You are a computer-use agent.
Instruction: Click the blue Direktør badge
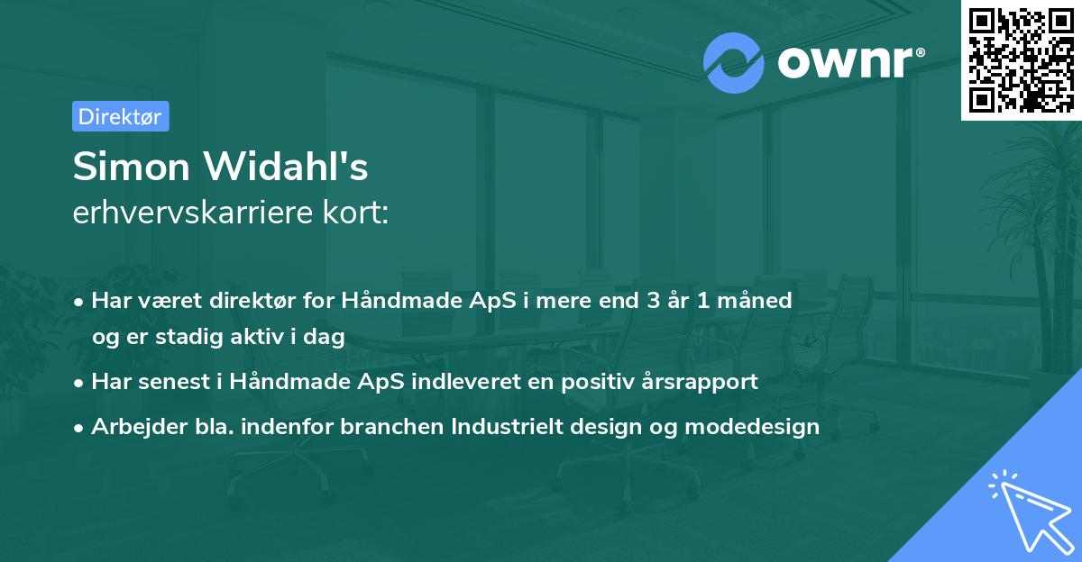(121, 116)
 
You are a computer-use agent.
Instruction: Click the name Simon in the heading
(132, 167)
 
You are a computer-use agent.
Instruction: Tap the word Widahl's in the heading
(286, 166)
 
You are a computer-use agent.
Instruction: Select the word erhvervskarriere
(193, 213)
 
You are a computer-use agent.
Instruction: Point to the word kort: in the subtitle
(355, 213)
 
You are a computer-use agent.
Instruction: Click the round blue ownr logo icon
(733, 63)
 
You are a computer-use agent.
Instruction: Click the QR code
(1022, 60)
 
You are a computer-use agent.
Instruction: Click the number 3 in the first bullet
(653, 301)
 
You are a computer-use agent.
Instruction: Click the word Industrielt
(507, 426)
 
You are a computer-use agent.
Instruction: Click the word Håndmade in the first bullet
(402, 300)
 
